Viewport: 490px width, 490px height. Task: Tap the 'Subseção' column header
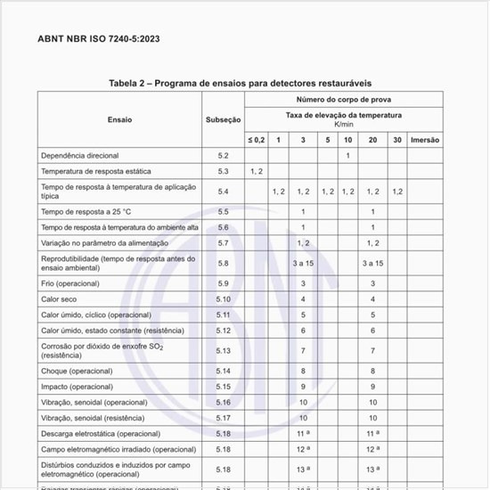pos(223,118)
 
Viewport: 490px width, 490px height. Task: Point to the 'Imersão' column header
pos(424,140)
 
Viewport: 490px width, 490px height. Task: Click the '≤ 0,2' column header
pos(257,140)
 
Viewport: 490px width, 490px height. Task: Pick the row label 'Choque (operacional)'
pos(81,371)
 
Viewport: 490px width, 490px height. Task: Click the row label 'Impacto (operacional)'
pos(83,387)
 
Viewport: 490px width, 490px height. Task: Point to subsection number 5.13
pos(223,351)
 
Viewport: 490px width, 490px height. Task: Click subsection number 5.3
pos(223,171)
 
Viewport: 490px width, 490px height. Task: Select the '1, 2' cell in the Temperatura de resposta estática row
pos(257,171)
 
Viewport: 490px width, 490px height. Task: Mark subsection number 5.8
pos(223,263)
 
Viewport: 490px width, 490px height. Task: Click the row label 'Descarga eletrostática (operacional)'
pos(101,434)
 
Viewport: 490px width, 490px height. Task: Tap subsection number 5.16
pos(223,403)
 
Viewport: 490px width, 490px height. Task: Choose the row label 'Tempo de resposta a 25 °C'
pos(86,212)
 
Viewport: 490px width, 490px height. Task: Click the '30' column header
pos(396,140)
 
